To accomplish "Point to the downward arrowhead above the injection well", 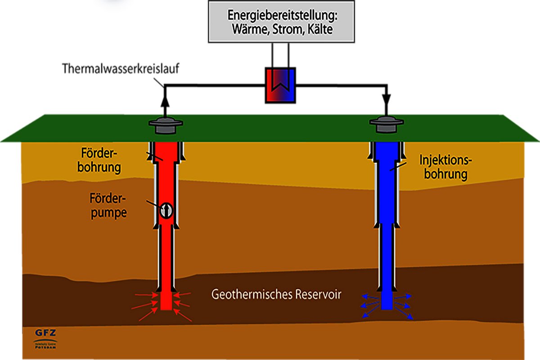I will pos(387,100).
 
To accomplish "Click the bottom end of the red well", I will pos(166,307).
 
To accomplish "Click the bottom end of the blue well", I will pos(387,307).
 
